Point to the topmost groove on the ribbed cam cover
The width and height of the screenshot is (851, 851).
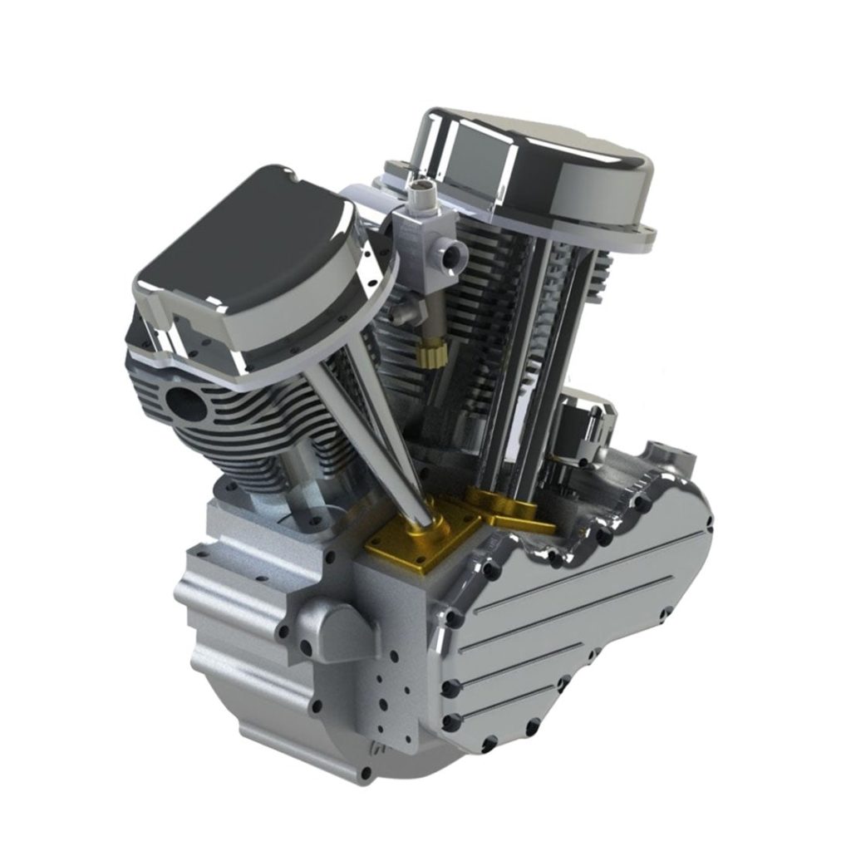tap(582, 573)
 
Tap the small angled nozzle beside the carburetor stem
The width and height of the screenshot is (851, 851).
tap(402, 312)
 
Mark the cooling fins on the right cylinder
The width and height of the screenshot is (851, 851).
tap(465, 332)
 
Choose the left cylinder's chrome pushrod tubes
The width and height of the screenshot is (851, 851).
tap(366, 432)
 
